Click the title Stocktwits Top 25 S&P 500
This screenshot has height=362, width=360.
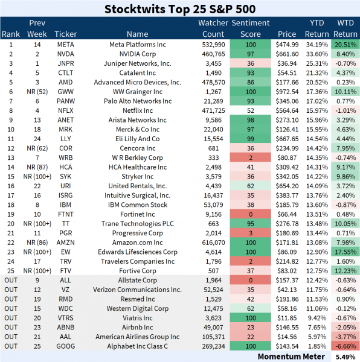pyautogui.click(x=179, y=9)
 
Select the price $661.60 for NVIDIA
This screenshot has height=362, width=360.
pyautogui.click(x=287, y=54)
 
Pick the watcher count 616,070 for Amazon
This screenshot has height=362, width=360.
pyautogui.click(x=211, y=241)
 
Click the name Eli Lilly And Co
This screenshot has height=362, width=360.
pyautogui.click(x=137, y=138)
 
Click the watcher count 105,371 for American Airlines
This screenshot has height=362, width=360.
pyautogui.click(x=211, y=335)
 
